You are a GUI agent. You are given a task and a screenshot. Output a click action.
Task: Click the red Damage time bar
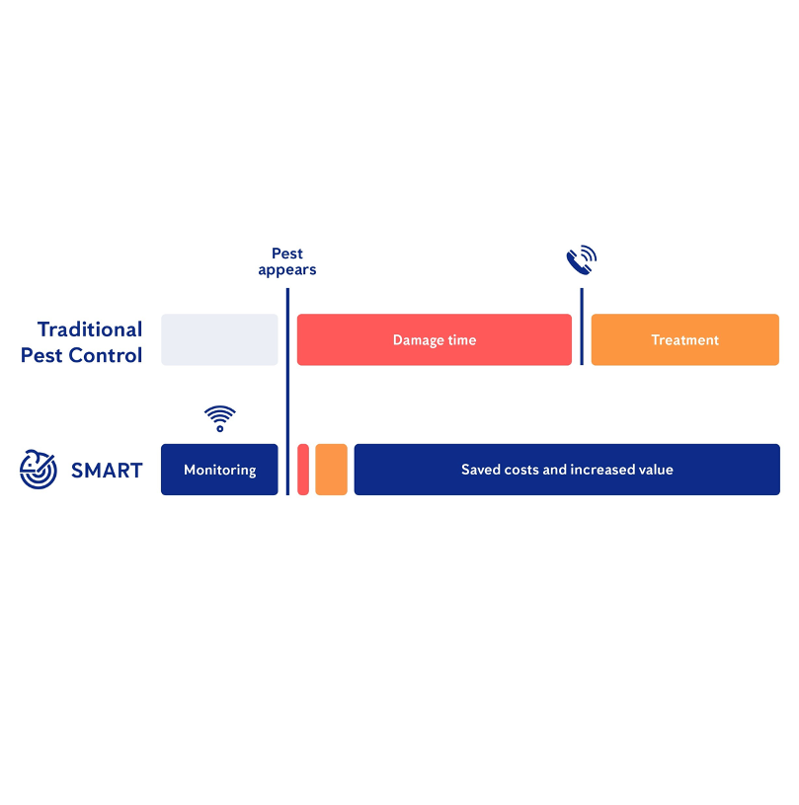click(435, 340)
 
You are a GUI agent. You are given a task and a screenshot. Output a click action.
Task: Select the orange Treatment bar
click(685, 340)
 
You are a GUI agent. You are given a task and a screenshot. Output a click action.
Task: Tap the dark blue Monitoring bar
click(219, 470)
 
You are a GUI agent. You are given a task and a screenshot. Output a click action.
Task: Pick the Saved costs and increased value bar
click(567, 470)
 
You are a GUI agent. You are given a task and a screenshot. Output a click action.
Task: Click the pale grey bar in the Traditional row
click(219, 340)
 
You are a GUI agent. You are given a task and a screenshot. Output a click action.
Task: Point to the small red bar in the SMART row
click(303, 470)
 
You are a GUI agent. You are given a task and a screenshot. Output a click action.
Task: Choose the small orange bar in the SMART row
click(332, 470)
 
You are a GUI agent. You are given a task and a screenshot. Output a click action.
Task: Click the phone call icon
click(582, 260)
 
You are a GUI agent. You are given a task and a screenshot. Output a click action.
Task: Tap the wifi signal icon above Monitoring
click(220, 418)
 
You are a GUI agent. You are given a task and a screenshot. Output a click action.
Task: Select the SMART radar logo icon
click(38, 470)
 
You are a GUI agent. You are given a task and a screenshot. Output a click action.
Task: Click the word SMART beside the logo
click(107, 471)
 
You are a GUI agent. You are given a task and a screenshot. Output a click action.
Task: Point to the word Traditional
click(90, 329)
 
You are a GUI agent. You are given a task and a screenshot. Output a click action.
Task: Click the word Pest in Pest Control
click(41, 355)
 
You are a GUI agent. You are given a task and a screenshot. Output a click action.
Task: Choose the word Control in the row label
click(106, 355)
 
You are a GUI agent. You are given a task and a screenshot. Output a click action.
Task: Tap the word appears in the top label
click(287, 270)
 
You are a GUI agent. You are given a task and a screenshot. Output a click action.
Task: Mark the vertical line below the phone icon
click(582, 327)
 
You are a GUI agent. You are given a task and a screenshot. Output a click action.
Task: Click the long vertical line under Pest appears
click(287, 392)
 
